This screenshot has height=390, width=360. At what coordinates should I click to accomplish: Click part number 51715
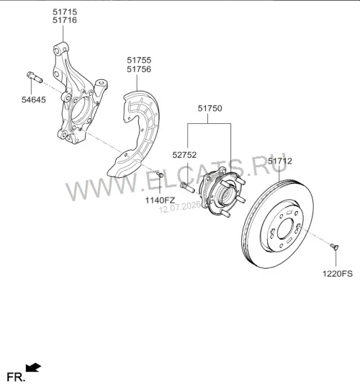(65, 12)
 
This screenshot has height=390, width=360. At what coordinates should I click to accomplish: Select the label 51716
(65, 20)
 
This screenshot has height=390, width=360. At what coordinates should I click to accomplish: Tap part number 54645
(34, 99)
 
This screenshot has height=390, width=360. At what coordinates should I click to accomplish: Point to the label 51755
(139, 60)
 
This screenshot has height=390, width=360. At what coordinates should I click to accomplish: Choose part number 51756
(139, 69)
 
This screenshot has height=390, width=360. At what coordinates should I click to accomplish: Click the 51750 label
(210, 108)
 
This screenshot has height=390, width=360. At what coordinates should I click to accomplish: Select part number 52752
(184, 155)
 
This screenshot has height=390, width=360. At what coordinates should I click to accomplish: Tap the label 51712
(280, 161)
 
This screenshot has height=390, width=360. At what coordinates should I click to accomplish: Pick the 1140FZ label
(160, 200)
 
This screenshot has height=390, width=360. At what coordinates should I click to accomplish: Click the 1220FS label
(338, 274)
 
